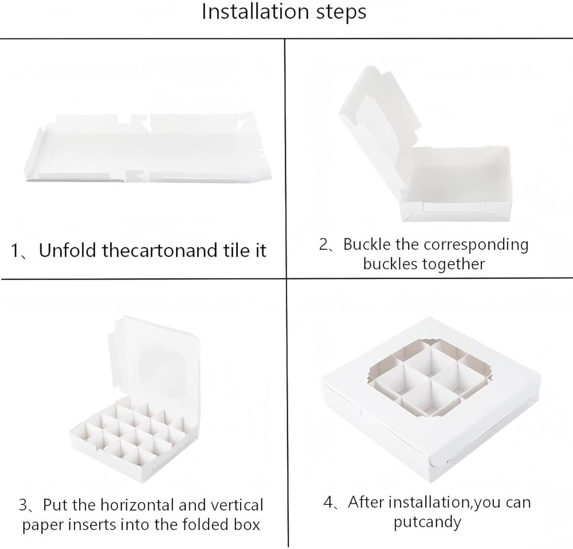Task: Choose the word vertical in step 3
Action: pos(240,505)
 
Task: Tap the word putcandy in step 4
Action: pos(427,522)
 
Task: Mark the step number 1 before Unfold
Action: pos(15,251)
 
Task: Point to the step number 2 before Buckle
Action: pos(324,245)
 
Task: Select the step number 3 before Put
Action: pos(23,505)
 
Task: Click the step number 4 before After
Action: pos(328,503)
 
